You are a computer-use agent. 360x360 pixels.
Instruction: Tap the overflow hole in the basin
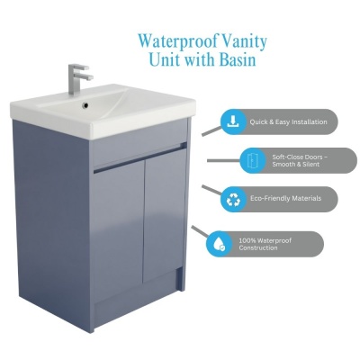tap(86, 105)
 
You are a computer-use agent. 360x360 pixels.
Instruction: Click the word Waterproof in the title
tap(176, 41)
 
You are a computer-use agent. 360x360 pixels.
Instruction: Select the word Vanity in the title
tap(243, 42)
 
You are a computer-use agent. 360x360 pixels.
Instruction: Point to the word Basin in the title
tap(238, 59)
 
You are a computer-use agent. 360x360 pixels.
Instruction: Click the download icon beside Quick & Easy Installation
tap(233, 121)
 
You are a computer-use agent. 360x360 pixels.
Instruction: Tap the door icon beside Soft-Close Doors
tap(252, 160)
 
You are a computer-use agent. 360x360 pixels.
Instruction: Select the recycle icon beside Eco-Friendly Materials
tap(233, 199)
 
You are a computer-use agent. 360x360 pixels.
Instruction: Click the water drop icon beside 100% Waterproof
tap(219, 244)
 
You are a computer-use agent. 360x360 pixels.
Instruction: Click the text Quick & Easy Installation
tap(288, 122)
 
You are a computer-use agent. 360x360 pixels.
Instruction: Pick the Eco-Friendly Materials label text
tap(285, 199)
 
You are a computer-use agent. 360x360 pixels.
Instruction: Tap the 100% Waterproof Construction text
tap(265, 244)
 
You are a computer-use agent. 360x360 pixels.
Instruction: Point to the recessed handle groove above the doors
tap(140, 159)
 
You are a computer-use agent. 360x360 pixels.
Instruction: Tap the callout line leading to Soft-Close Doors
tap(223, 161)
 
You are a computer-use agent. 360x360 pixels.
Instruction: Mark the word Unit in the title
tap(164, 59)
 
